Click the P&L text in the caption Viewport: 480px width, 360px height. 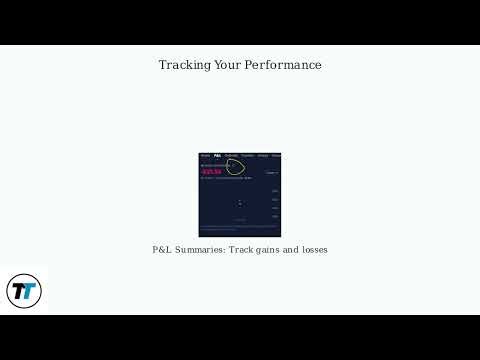point(162,249)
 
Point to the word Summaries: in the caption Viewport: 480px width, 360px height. point(201,249)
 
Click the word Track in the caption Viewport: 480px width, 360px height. point(241,249)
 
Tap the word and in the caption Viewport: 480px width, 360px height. point(294,249)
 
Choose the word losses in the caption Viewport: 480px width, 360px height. point(316,249)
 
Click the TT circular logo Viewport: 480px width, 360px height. point(24,291)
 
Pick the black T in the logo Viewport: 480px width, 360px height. point(18,291)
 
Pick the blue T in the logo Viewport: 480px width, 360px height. point(29,292)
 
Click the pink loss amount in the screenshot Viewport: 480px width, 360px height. point(210,171)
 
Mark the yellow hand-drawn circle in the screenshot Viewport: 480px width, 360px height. point(235,163)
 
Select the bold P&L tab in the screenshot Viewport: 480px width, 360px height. point(217,156)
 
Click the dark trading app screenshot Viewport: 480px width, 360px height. point(240,195)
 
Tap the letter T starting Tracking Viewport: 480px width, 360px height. point(163,65)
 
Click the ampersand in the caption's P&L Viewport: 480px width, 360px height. point(162,249)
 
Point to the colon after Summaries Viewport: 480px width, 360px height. point(224,250)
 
